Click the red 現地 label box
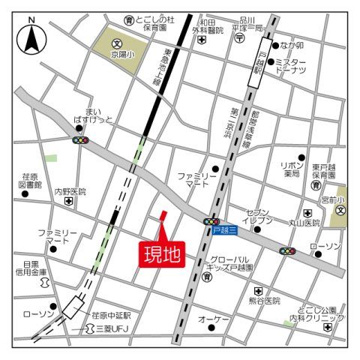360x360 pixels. (x=161, y=254)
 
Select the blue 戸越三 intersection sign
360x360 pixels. (x=223, y=231)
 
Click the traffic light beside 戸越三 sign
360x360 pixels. (x=211, y=221)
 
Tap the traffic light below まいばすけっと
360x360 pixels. (x=80, y=139)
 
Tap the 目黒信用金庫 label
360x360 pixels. (x=30, y=268)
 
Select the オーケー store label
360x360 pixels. (x=213, y=320)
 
